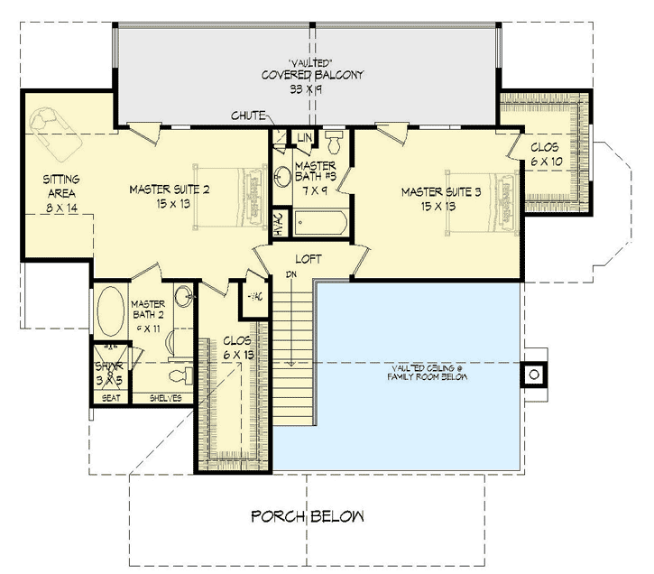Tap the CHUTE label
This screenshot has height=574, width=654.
pos(247,116)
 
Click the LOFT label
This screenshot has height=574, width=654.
pos(308,259)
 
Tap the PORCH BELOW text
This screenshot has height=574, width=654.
pos(307,516)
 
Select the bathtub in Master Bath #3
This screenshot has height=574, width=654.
pos(317,222)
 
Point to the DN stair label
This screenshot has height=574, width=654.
pos(290,273)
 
